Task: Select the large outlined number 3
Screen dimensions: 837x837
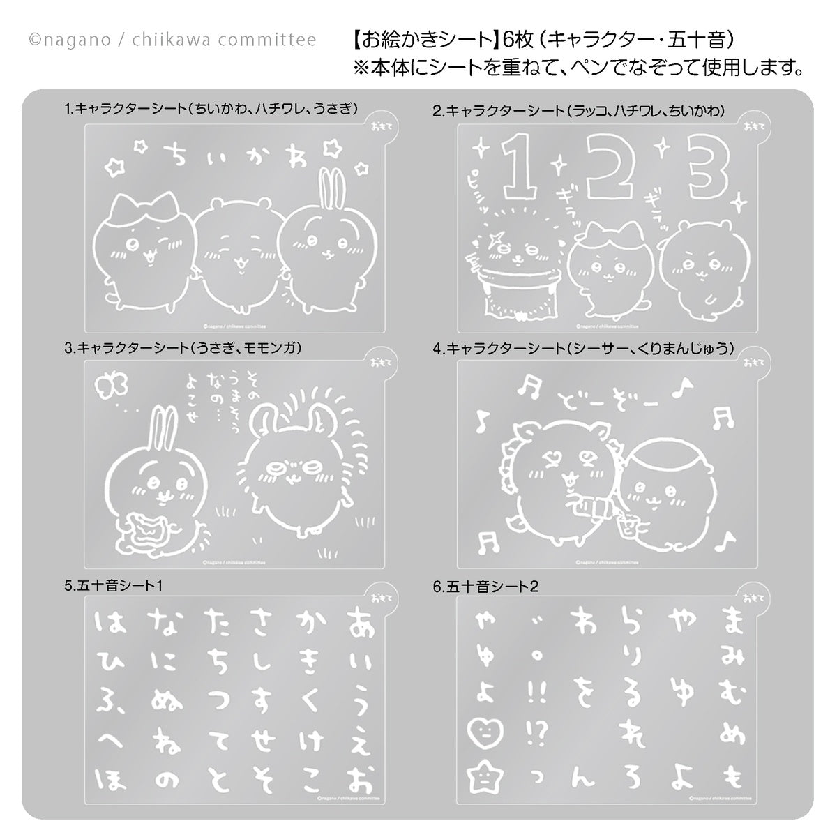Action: coord(706,166)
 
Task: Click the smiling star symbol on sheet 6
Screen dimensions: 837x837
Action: coord(481,775)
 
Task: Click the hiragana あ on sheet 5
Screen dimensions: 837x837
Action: coord(359,619)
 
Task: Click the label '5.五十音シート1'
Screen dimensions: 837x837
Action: coord(113,587)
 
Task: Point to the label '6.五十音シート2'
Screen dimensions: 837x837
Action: coord(485,587)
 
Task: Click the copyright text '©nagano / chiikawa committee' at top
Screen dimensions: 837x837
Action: coord(172,40)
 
